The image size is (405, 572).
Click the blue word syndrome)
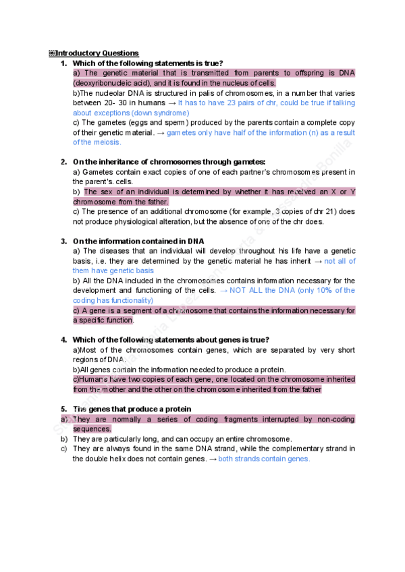pos(172,113)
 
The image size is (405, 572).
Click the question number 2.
pos(63,162)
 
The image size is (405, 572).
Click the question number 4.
pos(63,339)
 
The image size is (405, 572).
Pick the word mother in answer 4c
pos(110,389)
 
